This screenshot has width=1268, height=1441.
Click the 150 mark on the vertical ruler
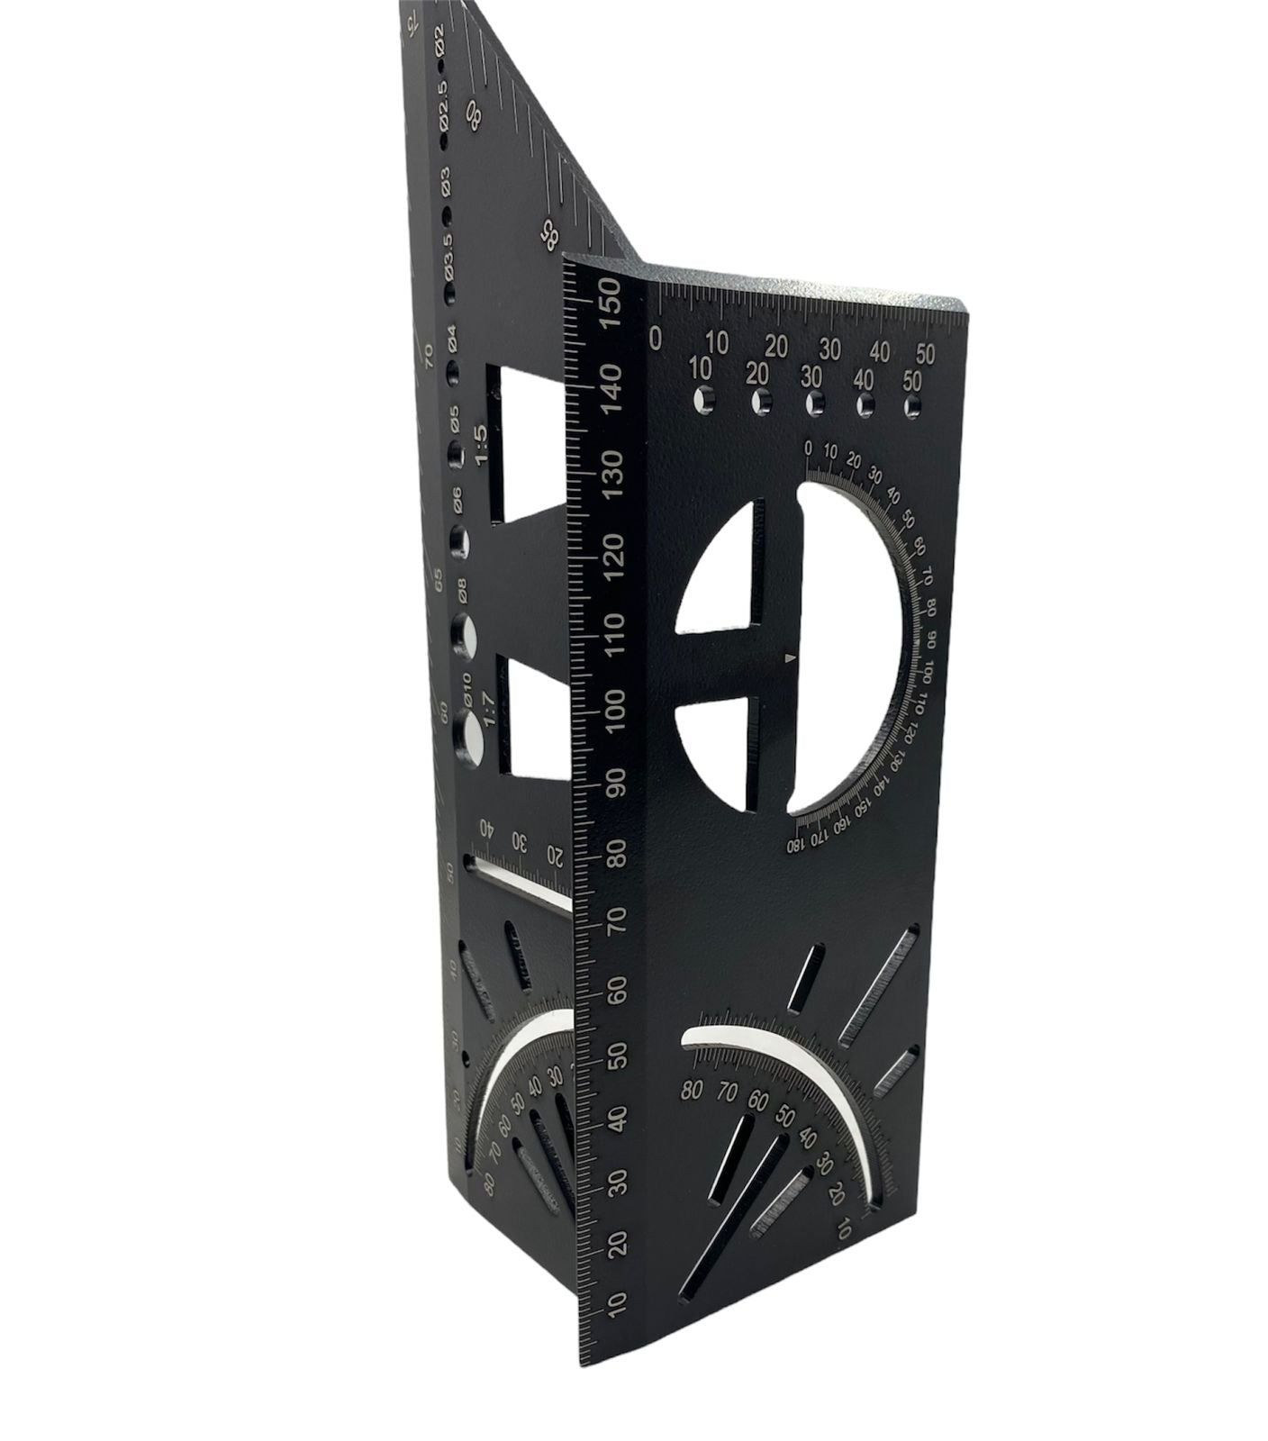point(610,299)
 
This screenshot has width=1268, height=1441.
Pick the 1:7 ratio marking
point(490,709)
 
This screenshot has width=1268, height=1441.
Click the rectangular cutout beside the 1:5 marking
point(528,446)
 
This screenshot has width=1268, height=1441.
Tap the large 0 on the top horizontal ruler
point(656,338)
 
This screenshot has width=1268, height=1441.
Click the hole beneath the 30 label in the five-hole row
point(814,402)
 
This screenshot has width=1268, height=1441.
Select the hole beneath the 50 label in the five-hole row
point(912,407)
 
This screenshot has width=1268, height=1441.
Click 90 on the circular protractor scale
point(931,638)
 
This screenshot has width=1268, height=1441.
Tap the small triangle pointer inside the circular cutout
point(790,660)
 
